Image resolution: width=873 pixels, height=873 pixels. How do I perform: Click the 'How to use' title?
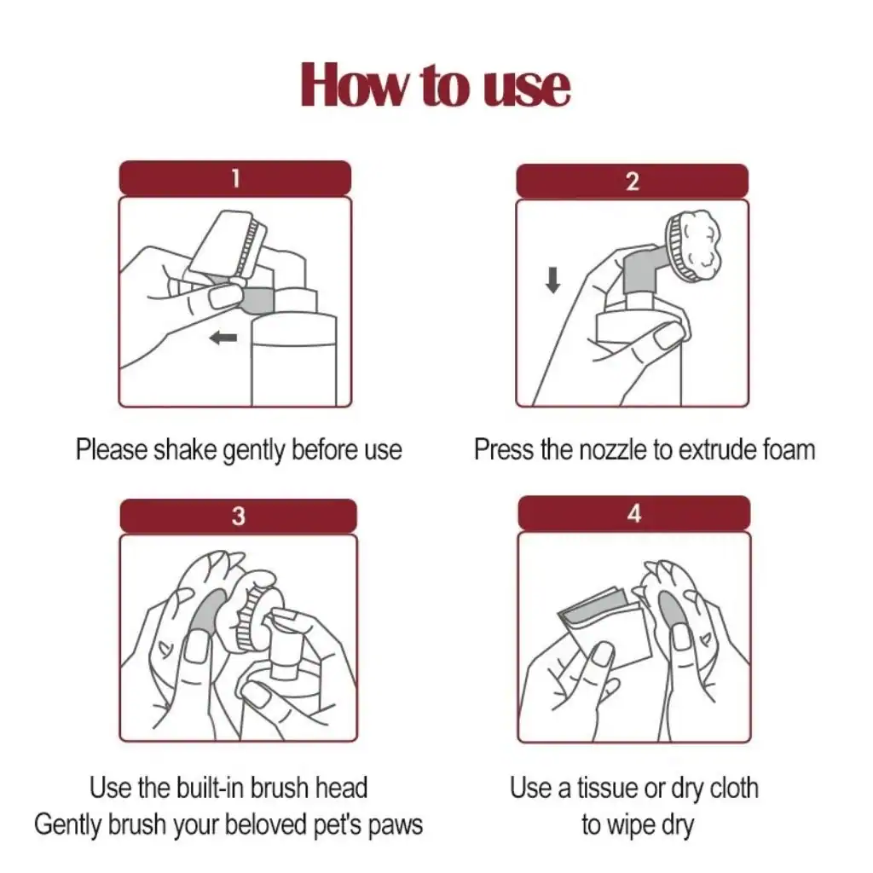point(436,84)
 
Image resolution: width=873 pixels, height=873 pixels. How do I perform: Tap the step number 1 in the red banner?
point(235,179)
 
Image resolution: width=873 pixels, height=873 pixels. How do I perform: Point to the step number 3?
point(239,516)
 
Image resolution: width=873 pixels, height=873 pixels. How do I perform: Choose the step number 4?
point(634,513)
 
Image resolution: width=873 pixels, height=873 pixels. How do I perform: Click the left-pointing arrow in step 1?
point(223,337)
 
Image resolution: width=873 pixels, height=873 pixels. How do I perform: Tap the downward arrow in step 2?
point(552,280)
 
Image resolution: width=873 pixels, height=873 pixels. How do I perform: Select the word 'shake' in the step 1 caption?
point(185,449)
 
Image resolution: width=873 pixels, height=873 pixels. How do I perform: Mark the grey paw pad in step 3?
point(209,612)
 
